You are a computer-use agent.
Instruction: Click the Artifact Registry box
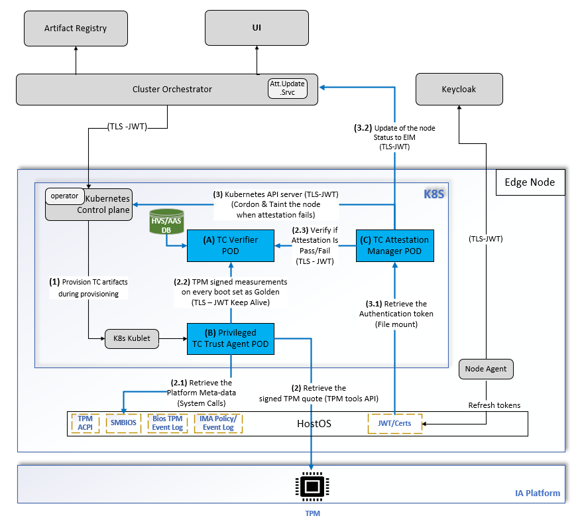click(76, 29)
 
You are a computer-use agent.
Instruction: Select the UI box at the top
click(257, 29)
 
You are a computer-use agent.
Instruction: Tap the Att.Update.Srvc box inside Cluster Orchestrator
click(287, 88)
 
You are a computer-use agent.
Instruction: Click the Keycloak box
click(459, 89)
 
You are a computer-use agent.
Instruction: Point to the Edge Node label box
click(530, 182)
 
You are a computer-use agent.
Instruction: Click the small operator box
click(64, 196)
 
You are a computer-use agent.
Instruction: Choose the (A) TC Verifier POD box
click(231, 245)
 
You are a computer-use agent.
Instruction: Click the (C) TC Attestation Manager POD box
click(394, 245)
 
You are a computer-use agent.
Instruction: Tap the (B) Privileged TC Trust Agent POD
click(231, 338)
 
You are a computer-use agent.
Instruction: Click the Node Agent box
click(486, 369)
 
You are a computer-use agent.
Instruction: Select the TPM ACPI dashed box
click(86, 423)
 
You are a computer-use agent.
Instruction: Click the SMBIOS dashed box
click(124, 423)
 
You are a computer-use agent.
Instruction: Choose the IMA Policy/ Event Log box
click(218, 423)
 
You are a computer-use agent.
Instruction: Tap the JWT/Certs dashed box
click(394, 423)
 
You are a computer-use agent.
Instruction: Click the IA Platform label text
click(537, 493)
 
